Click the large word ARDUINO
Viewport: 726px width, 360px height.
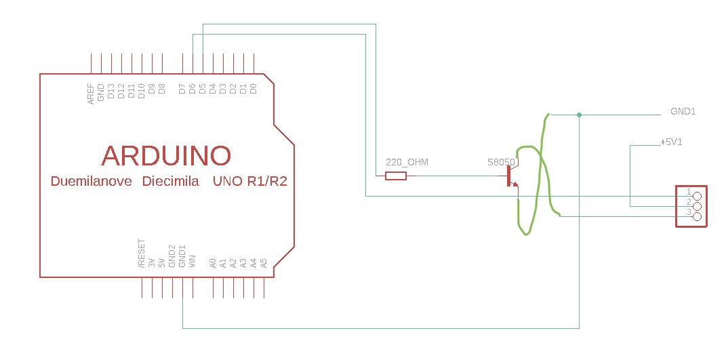tap(166, 156)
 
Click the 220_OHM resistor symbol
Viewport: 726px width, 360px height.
tap(395, 176)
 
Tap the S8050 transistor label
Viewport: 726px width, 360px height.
tap(502, 163)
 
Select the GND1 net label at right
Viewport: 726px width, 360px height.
tap(683, 111)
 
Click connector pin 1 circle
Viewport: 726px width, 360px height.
tap(697, 195)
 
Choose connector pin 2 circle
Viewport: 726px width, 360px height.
tap(697, 205)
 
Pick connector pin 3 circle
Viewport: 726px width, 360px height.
tap(697, 216)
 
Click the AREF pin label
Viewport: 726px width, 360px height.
tap(91, 94)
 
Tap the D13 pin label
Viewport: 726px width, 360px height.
tap(111, 92)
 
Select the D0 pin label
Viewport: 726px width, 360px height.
tap(254, 88)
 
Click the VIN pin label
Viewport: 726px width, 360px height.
tap(193, 262)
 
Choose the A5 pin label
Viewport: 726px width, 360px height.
tap(264, 262)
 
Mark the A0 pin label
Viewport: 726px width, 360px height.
tap(213, 262)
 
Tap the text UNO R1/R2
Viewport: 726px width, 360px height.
tap(249, 182)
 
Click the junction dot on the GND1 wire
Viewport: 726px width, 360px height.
tap(579, 115)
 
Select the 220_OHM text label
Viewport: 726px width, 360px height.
tap(407, 163)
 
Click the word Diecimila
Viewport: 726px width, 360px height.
tap(170, 182)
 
